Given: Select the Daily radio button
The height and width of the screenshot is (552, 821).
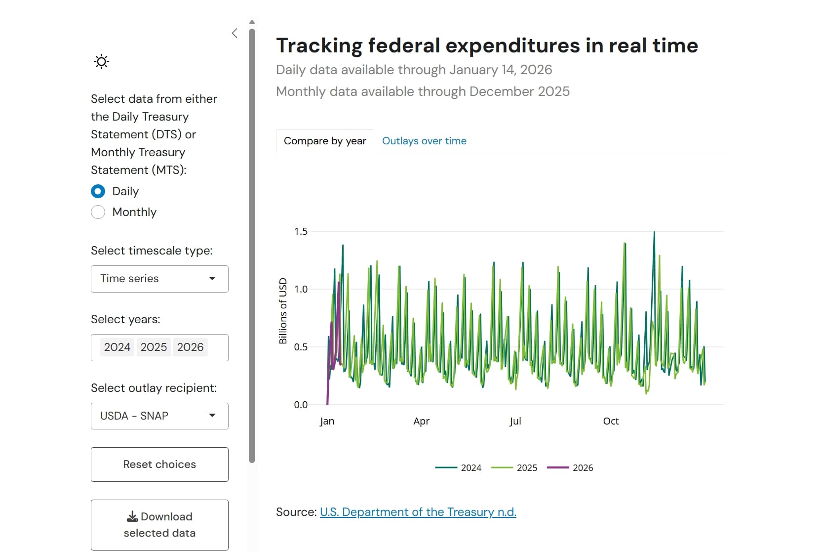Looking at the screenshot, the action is tap(98, 191).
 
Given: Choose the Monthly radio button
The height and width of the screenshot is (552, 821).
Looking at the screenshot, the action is tap(98, 212).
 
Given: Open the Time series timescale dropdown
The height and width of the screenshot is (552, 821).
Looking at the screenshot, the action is tap(159, 279).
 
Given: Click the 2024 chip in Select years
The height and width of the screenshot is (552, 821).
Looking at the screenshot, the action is tap(117, 347).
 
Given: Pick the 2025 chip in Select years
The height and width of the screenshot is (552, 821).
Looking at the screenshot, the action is tap(154, 347).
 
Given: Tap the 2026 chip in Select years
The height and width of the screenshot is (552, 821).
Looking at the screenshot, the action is tap(190, 347).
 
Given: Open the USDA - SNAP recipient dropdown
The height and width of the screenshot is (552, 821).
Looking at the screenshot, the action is tap(159, 416).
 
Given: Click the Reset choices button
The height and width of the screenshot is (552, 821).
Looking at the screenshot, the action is tap(159, 465).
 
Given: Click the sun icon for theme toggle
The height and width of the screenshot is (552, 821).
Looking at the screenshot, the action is tap(102, 62).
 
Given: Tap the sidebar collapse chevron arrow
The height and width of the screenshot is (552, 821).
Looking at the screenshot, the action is tap(235, 34).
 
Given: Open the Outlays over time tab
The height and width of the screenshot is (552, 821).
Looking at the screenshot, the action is tap(424, 141).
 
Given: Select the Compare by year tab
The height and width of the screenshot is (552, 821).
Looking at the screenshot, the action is tap(325, 141).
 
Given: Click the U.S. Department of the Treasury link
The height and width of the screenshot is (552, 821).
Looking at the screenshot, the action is tap(418, 512).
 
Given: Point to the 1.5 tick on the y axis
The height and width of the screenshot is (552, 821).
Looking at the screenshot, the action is tap(301, 231).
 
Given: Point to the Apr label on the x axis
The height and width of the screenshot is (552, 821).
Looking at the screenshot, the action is tap(421, 421).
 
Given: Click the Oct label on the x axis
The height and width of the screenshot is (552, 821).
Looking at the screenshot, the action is tap(611, 421).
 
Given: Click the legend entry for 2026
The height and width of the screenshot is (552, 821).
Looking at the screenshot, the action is tap(570, 467).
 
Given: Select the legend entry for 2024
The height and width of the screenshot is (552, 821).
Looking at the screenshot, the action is tap(458, 467).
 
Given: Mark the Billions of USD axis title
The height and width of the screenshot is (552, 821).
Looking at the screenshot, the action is tap(282, 311).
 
